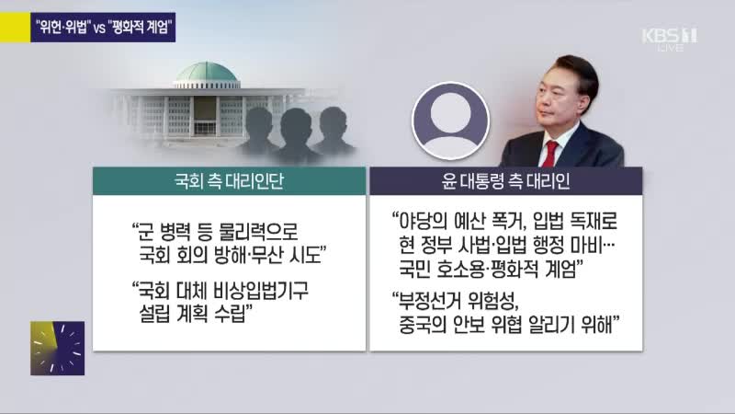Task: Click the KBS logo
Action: [x=670, y=39]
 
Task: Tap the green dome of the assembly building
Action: [x=206, y=73]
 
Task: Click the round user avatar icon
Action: [x=450, y=121]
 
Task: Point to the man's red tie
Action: [x=549, y=154]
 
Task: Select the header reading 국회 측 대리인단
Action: [x=229, y=181]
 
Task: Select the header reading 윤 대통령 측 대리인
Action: [x=506, y=181]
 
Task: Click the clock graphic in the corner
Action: [x=58, y=349]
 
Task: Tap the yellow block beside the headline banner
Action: [x=15, y=28]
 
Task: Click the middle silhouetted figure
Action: [x=295, y=135]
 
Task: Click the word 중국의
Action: [x=423, y=325]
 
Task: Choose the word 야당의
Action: [x=423, y=221]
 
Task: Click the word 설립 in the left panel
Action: [x=155, y=314]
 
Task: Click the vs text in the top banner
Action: [x=99, y=29]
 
